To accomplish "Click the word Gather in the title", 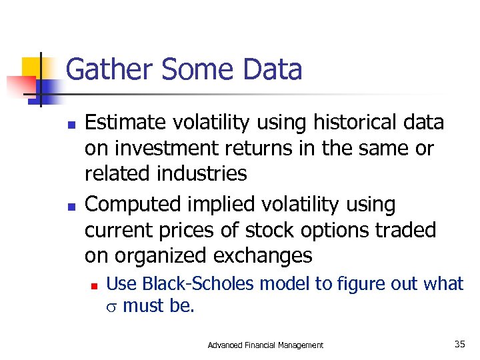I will coord(107,69).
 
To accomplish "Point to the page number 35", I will coord(459,344).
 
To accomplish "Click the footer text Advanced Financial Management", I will coord(265,345).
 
